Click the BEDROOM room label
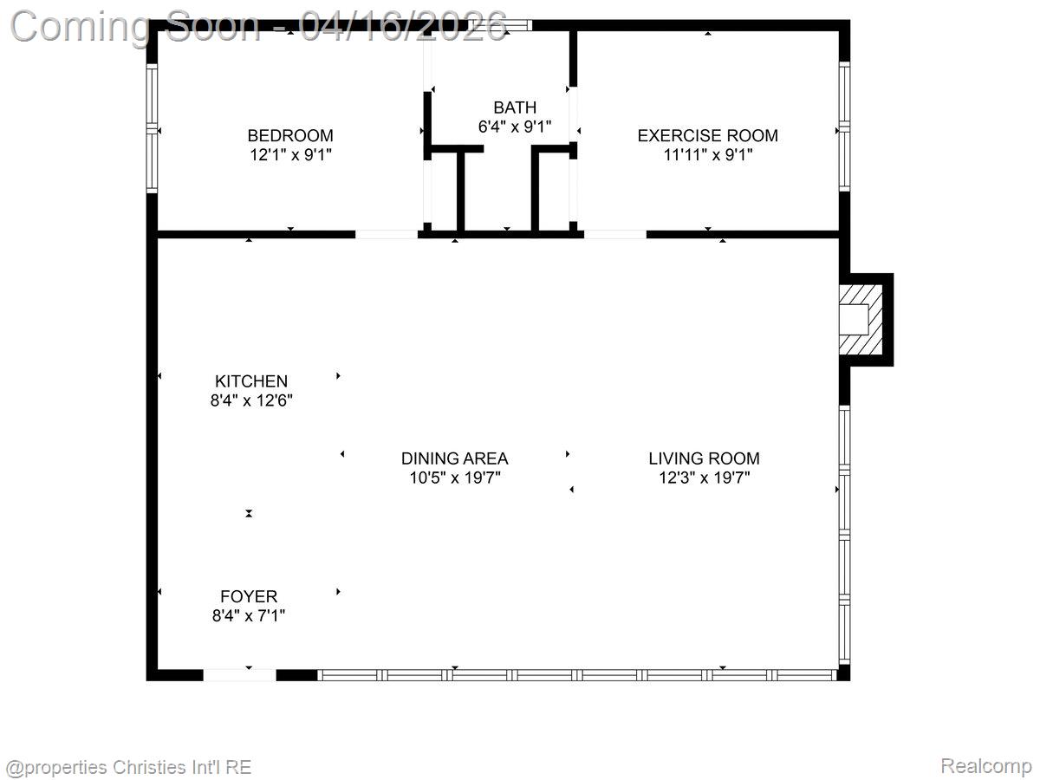(290, 135)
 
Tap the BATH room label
(515, 107)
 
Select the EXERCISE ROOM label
(707, 135)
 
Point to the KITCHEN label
(251, 381)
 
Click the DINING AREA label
(454, 458)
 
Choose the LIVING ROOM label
(704, 458)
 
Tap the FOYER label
(249, 596)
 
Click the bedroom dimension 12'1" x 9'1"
(290, 155)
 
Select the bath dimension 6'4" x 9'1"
(515, 127)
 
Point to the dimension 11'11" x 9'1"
(707, 155)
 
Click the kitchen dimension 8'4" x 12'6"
(251, 400)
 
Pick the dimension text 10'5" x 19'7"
(454, 478)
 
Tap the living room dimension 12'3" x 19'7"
(704, 478)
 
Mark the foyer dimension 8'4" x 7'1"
(249, 616)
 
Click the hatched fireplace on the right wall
(862, 320)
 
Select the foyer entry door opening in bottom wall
(239, 674)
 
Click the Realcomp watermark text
(985, 766)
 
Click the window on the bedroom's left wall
(153, 128)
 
